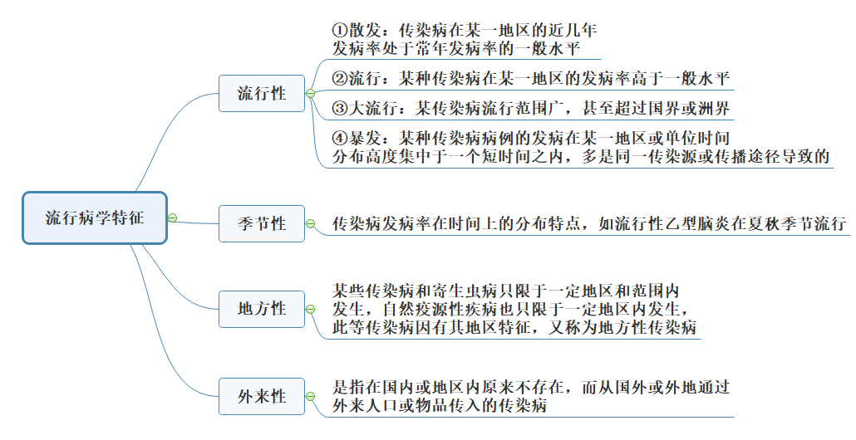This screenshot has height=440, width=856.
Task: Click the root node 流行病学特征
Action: coord(94,218)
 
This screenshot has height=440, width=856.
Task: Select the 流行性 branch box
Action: coord(261,93)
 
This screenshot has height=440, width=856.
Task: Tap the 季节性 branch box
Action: coord(261,223)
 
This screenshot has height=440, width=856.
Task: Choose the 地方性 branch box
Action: coord(261,309)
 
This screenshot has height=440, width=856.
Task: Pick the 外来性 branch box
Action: coord(261,396)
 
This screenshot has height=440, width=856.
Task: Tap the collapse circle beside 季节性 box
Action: coord(310,223)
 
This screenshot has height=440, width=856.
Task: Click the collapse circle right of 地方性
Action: coord(310,309)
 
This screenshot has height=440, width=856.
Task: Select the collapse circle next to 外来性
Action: coord(310,396)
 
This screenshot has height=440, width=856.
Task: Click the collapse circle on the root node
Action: coord(173,218)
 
